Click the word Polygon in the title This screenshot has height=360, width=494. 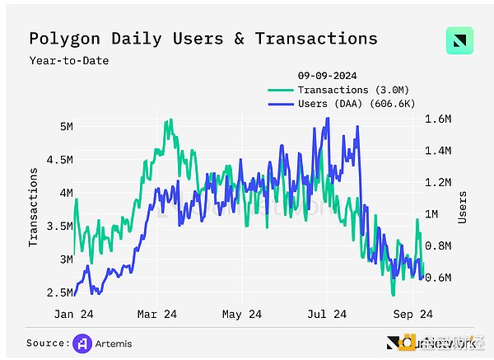(x=64, y=39)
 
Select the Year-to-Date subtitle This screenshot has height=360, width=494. (x=69, y=60)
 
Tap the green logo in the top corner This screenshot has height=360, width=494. (x=459, y=42)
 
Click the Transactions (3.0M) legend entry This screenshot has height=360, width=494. (x=340, y=89)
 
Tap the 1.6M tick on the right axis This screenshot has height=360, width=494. (x=437, y=119)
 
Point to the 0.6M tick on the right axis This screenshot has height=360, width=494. (x=437, y=278)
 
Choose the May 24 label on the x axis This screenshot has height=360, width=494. (x=243, y=314)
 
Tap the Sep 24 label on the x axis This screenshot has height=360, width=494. (x=411, y=314)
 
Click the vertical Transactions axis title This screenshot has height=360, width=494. (x=34, y=207)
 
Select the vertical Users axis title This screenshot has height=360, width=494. (x=463, y=207)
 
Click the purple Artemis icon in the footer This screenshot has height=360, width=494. (x=82, y=343)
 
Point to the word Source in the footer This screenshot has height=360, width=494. (x=45, y=343)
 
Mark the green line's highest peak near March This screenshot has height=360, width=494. (x=168, y=120)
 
